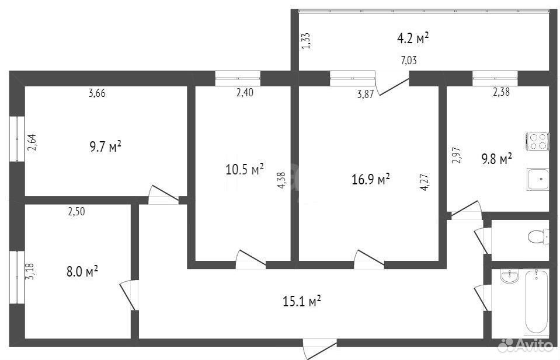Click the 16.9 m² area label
coord(370,179)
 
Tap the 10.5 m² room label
coord(245,169)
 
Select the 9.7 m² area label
coord(105,146)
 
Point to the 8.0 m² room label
coord(82,271)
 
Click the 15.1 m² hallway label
coord(302,301)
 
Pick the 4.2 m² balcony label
coord(413,38)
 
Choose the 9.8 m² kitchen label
coord(496,159)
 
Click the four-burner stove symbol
coord(537,141)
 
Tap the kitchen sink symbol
coord(538,180)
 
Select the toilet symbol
coord(538,236)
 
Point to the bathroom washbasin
coord(509,277)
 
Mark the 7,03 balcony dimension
coord(409,60)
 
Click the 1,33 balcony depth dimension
coord(306,41)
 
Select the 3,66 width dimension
coord(97,93)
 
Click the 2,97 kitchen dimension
coord(457,156)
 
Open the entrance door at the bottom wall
coord(319,349)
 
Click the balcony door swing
coord(392,84)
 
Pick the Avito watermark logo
coord(526,345)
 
